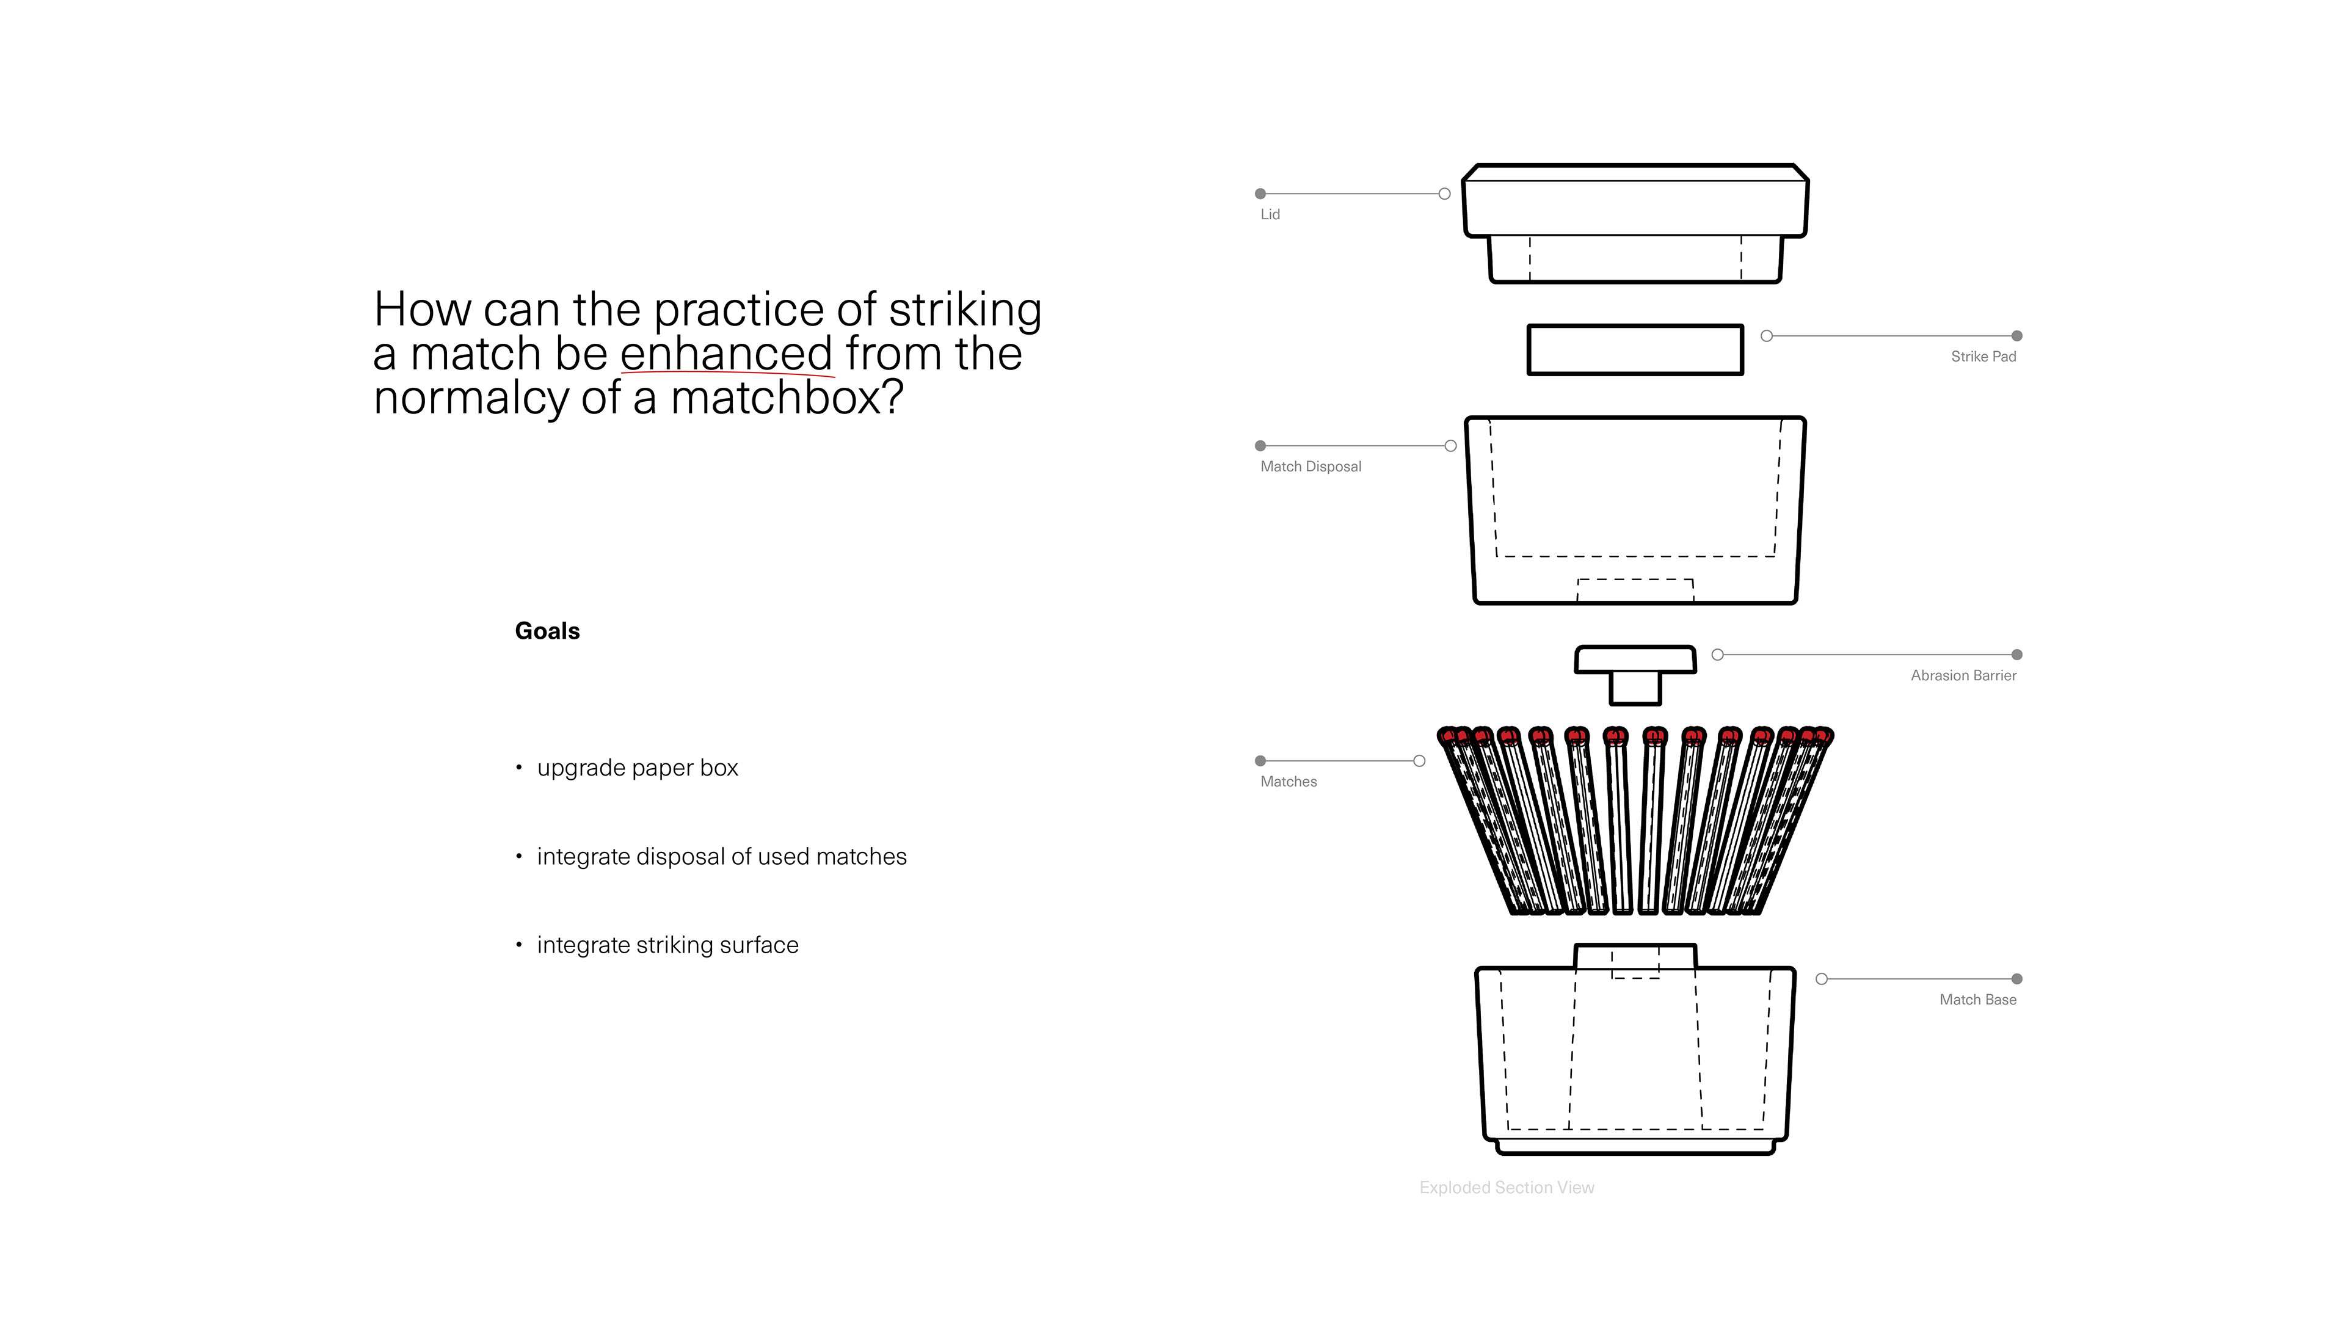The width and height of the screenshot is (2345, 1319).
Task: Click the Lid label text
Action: pyautogui.click(x=1270, y=215)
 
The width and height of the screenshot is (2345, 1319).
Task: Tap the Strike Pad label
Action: pyautogui.click(x=1983, y=357)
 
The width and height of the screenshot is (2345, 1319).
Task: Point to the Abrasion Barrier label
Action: pyautogui.click(x=1963, y=675)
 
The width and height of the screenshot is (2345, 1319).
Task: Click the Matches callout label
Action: pyautogui.click(x=1288, y=782)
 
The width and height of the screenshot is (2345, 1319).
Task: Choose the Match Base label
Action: pyautogui.click(x=1977, y=1000)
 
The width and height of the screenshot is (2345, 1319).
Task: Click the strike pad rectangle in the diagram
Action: pyautogui.click(x=1635, y=349)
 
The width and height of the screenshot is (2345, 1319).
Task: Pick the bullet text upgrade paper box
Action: pyautogui.click(x=637, y=768)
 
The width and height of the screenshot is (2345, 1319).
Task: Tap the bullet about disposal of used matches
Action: pyautogui.click(x=721, y=857)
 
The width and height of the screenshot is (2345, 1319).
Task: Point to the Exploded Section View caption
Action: pyautogui.click(x=1507, y=1188)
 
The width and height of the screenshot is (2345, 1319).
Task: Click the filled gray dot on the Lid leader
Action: pyautogui.click(x=1260, y=194)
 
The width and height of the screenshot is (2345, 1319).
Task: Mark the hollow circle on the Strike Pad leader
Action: pyautogui.click(x=1767, y=336)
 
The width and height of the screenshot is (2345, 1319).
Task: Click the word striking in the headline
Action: pyautogui.click(x=964, y=310)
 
